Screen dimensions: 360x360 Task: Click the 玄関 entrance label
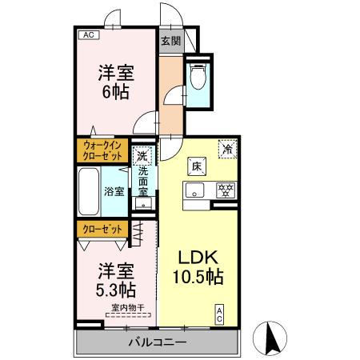(x=170, y=40)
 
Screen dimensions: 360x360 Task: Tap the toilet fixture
(x=198, y=78)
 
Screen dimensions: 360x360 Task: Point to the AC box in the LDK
(x=218, y=314)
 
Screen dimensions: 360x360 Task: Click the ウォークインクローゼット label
(x=102, y=150)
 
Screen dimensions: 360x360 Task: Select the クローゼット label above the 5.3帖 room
(x=102, y=229)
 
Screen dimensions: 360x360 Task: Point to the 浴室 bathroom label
(x=114, y=191)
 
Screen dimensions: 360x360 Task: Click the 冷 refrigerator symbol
(x=228, y=148)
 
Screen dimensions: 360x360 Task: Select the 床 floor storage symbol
(x=196, y=167)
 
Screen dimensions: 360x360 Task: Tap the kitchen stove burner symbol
(x=226, y=190)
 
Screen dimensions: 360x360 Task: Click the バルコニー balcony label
(x=158, y=342)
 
